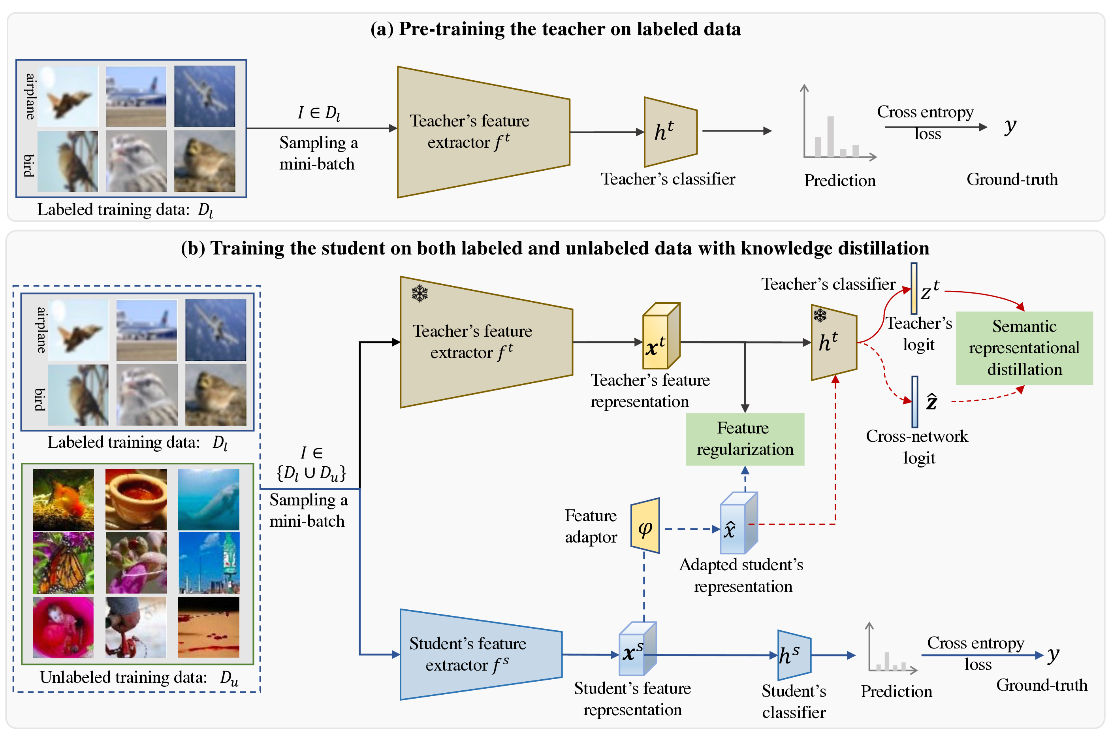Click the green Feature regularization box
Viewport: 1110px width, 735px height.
[745, 439]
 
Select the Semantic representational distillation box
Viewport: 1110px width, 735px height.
[1024, 348]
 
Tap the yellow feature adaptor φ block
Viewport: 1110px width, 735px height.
[645, 526]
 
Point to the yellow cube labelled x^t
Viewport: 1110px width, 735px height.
[660, 335]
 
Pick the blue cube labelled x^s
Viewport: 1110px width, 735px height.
[637, 648]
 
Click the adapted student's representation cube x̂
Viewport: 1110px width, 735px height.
[738, 523]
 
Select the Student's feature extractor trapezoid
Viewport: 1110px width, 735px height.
[481, 654]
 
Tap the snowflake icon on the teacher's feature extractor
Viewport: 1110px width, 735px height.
[420, 294]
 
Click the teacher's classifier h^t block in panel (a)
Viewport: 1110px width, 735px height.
[670, 132]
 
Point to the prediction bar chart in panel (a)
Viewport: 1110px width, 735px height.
[839, 123]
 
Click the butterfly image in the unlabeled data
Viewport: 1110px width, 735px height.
[63, 563]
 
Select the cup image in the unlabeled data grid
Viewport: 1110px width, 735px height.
[136, 500]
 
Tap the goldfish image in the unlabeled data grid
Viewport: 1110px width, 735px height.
[63, 500]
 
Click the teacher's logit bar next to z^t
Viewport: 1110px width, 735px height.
[914, 288]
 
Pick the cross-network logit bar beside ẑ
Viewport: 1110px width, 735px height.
[914, 402]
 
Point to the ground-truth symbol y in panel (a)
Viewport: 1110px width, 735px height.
[1010, 126]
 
